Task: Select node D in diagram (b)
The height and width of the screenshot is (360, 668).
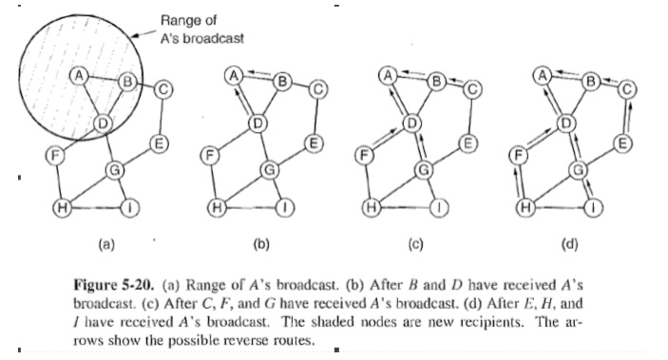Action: pos(255,122)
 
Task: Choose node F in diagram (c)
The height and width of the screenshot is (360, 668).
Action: pos(361,153)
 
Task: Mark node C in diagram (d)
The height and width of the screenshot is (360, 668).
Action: pos(626,89)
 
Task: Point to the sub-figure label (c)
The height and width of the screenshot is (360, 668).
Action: pos(414,243)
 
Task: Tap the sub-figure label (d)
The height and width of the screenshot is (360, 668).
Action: pos(570,243)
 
